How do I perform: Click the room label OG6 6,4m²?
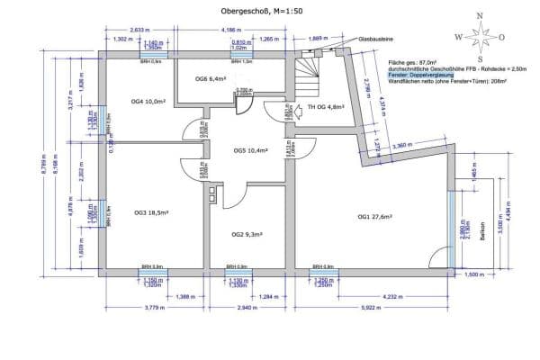(210, 79)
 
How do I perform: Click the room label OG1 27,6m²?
(375, 216)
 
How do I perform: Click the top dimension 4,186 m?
(230, 31)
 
